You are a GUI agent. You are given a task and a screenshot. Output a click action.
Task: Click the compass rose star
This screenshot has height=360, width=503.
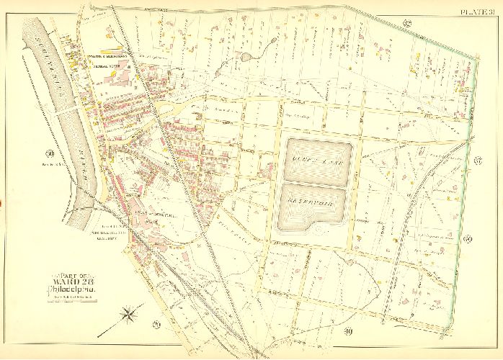pos(130,315)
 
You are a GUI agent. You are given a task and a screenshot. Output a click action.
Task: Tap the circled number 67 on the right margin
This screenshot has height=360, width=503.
pos(478,159)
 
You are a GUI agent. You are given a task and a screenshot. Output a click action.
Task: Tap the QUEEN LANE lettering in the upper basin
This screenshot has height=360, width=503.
pos(317,153)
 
